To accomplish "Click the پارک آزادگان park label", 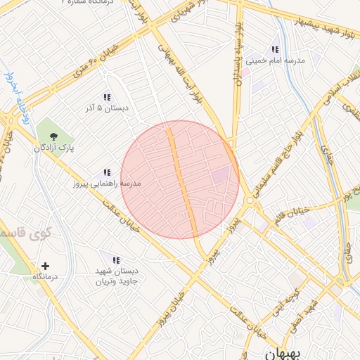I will [54, 148].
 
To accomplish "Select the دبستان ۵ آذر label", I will [106, 108].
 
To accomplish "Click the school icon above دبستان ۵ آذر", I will [106, 98].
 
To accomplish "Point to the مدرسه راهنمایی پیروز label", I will [106, 184].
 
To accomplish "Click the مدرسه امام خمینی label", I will [274, 61].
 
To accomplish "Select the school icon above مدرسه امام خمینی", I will [275, 50].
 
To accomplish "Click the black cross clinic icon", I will [46, 266].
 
